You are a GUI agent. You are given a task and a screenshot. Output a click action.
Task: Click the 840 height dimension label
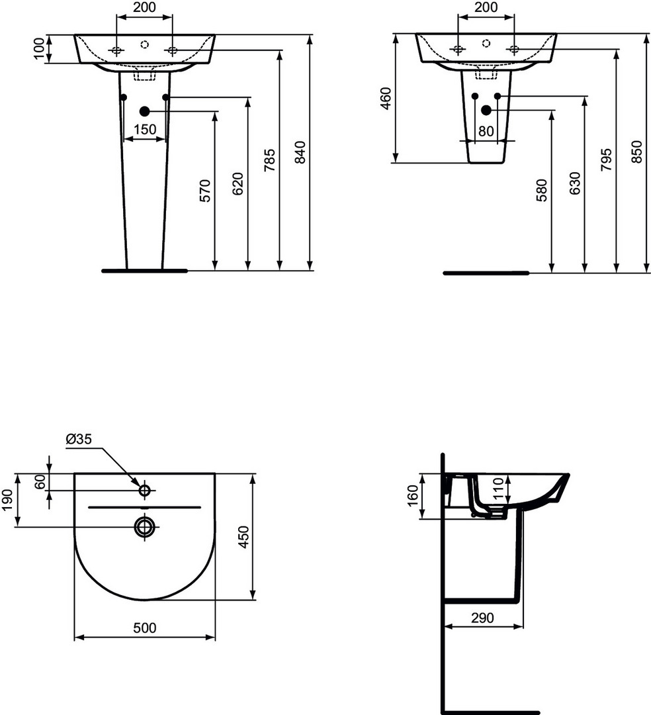click(300, 152)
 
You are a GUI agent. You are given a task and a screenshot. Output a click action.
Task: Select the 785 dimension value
click(269, 160)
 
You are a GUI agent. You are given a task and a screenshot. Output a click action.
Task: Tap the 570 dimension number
click(206, 191)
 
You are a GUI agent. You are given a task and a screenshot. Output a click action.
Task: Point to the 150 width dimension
click(145, 130)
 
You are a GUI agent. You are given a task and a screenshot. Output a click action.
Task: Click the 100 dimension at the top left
click(40, 49)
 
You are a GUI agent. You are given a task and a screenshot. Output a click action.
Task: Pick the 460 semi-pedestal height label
click(386, 99)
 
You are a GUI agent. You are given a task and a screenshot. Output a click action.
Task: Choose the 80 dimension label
click(486, 131)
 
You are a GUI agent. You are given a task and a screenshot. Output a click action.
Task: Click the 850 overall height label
click(637, 152)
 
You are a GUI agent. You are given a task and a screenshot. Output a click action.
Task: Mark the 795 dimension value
click(606, 160)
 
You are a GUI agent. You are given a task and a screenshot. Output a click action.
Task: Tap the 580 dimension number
click(542, 191)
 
